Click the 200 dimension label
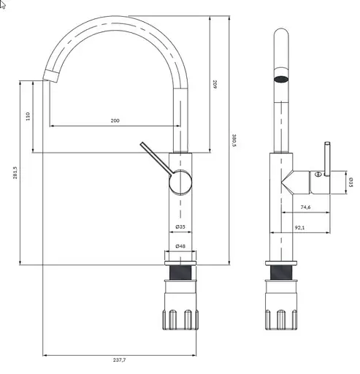coord(115,121)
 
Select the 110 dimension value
coord(28,116)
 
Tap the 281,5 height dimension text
coord(15,172)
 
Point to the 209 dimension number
coord(215,84)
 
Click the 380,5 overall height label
coord(234,140)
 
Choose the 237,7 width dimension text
coord(120,360)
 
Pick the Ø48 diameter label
coord(180,246)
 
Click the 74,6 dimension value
coord(305,207)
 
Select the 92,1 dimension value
coord(299,228)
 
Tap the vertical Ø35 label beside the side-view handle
coord(351,182)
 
